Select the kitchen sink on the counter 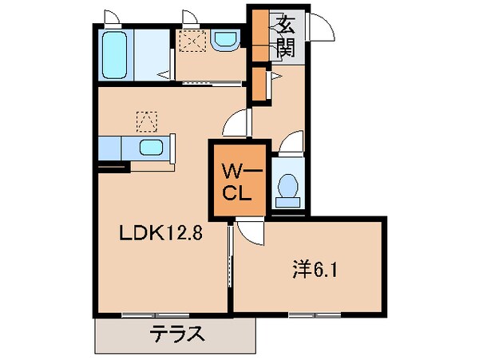(151, 147)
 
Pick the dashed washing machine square (191, 41)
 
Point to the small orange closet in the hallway (259, 86)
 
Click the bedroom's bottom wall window (311, 314)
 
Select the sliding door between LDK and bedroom (230, 259)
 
